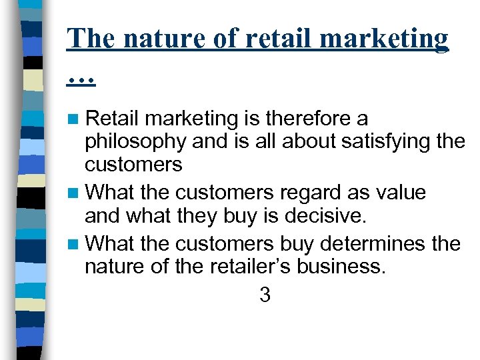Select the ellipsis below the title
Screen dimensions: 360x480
coord(82,81)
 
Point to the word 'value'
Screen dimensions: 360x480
coord(401,193)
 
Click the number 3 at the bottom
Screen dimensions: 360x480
coord(265,295)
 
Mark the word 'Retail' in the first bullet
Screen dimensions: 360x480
coord(113,119)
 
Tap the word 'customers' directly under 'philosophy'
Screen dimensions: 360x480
coord(133,165)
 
